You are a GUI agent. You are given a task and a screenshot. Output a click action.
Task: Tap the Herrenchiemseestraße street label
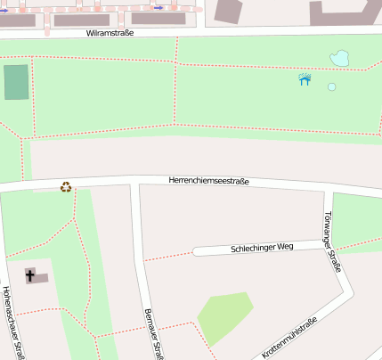tap(208, 181)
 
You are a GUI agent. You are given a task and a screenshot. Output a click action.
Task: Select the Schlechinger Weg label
tap(261, 247)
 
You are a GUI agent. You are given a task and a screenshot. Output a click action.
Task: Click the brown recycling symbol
tap(65, 187)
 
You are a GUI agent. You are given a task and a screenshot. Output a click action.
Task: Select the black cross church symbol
tap(30, 275)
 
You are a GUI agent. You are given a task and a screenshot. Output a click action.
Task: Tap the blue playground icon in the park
tap(305, 79)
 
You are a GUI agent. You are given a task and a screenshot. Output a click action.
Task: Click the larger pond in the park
tap(339, 60)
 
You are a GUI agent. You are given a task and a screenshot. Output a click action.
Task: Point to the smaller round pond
tap(331, 87)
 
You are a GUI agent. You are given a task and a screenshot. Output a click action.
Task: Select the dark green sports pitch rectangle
tap(16, 82)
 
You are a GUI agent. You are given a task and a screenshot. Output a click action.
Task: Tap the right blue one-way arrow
tap(158, 7)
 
